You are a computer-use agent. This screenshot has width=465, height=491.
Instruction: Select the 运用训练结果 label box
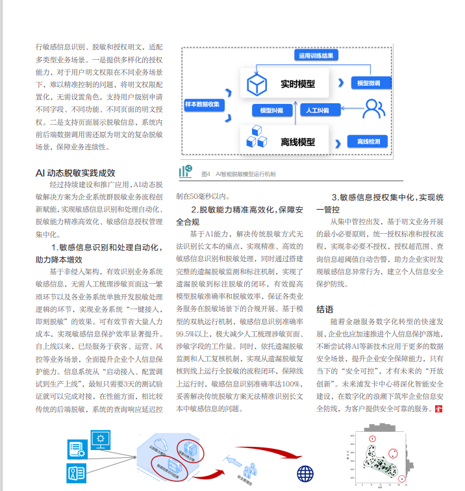316,57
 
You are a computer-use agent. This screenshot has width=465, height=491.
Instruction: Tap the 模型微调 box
369,83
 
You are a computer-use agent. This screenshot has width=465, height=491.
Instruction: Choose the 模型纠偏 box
271,110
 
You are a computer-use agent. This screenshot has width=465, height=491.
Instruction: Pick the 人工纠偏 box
318,110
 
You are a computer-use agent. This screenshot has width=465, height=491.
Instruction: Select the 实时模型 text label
297,84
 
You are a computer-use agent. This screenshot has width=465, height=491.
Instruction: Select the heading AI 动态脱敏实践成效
75,173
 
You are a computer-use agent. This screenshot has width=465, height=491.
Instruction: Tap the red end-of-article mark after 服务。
438,409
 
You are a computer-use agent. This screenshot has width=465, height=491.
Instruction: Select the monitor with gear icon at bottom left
101,441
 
